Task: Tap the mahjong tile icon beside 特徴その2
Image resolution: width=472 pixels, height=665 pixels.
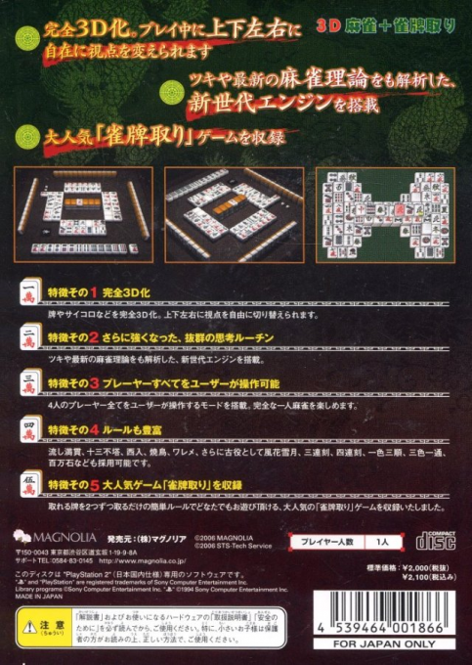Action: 31,337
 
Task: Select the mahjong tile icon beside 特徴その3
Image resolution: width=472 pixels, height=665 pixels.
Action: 31,382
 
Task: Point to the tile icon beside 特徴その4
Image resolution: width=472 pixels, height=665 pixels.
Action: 31,427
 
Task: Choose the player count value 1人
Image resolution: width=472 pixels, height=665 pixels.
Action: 382,541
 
